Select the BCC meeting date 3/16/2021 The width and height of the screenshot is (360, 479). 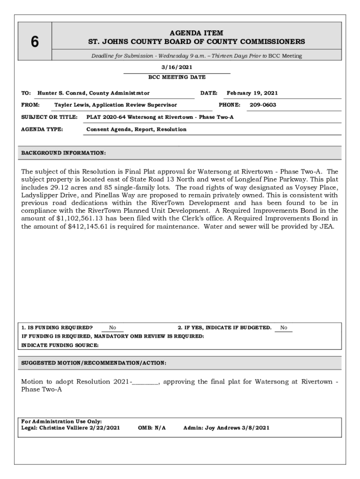177,67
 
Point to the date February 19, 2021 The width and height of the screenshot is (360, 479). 252,93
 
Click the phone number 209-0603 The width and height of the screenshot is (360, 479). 263,105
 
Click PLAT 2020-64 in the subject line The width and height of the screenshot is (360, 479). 106,117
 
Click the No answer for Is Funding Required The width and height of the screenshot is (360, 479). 113,328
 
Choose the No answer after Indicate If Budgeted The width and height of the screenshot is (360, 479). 283,328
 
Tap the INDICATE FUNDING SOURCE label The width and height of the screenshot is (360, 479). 60,345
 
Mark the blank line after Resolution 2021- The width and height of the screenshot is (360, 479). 145,382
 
